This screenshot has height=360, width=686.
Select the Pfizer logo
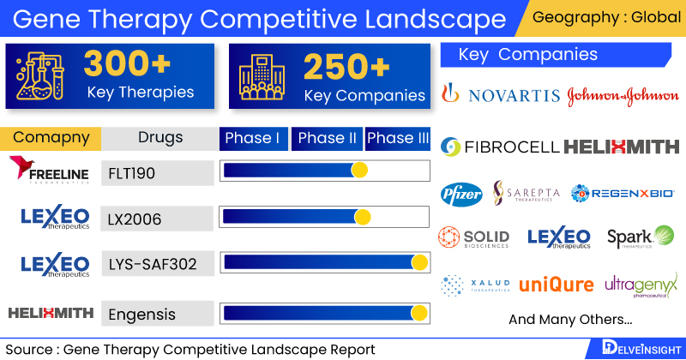461,194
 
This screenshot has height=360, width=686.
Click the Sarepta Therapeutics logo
526,194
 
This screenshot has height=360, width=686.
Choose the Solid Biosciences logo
473,237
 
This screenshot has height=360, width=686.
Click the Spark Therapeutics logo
640,237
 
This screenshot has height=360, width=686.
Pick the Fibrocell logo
499,147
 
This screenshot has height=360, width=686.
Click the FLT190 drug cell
157,171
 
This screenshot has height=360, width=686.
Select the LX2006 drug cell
157,218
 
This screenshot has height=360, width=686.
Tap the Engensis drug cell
157,314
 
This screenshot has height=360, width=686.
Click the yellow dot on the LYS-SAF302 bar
419,263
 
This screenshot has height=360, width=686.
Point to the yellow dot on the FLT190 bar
359,171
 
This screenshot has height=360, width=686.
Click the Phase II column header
327,138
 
